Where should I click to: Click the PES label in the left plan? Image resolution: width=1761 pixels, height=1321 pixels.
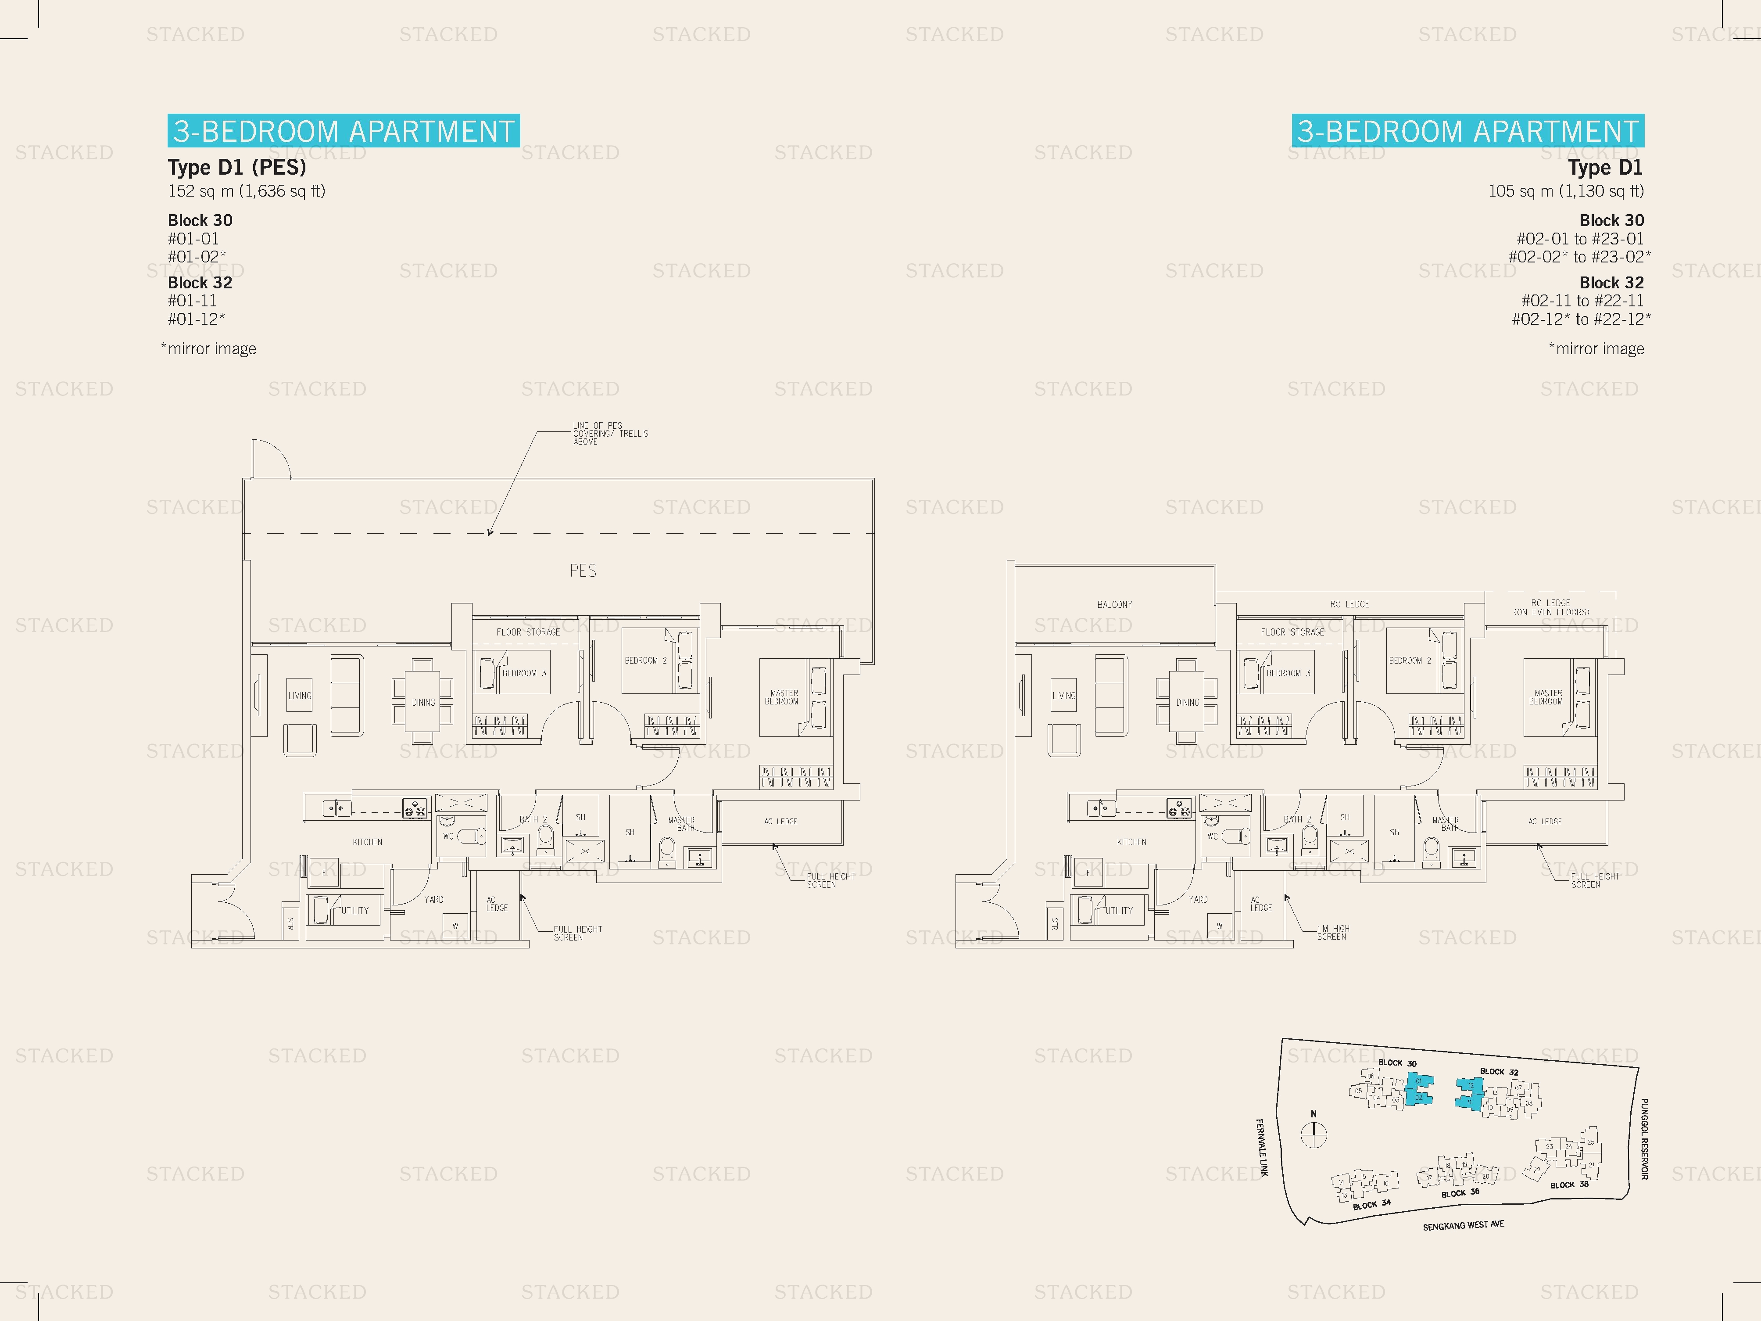[583, 570]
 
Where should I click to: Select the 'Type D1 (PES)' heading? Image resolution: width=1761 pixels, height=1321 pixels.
[236, 167]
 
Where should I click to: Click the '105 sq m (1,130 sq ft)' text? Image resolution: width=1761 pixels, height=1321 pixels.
[1565, 191]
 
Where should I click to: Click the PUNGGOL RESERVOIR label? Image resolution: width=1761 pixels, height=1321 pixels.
[1644, 1139]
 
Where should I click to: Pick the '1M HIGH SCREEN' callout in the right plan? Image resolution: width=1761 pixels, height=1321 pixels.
[1333, 933]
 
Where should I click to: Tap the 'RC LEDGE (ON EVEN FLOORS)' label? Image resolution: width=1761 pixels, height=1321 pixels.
[1551, 607]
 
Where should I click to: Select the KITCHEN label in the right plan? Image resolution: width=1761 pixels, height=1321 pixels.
[1131, 842]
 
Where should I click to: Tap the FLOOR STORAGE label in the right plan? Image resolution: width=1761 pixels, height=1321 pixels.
[1292, 632]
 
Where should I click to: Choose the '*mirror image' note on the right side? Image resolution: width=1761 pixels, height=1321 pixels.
[1596, 349]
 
